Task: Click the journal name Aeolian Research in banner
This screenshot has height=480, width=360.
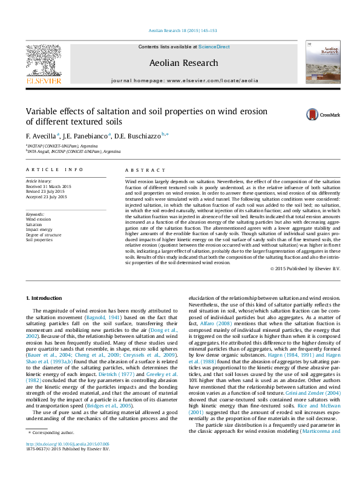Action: [183, 62]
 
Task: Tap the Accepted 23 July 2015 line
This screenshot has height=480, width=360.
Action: [47, 197]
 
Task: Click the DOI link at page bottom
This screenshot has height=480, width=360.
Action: [67, 461]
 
